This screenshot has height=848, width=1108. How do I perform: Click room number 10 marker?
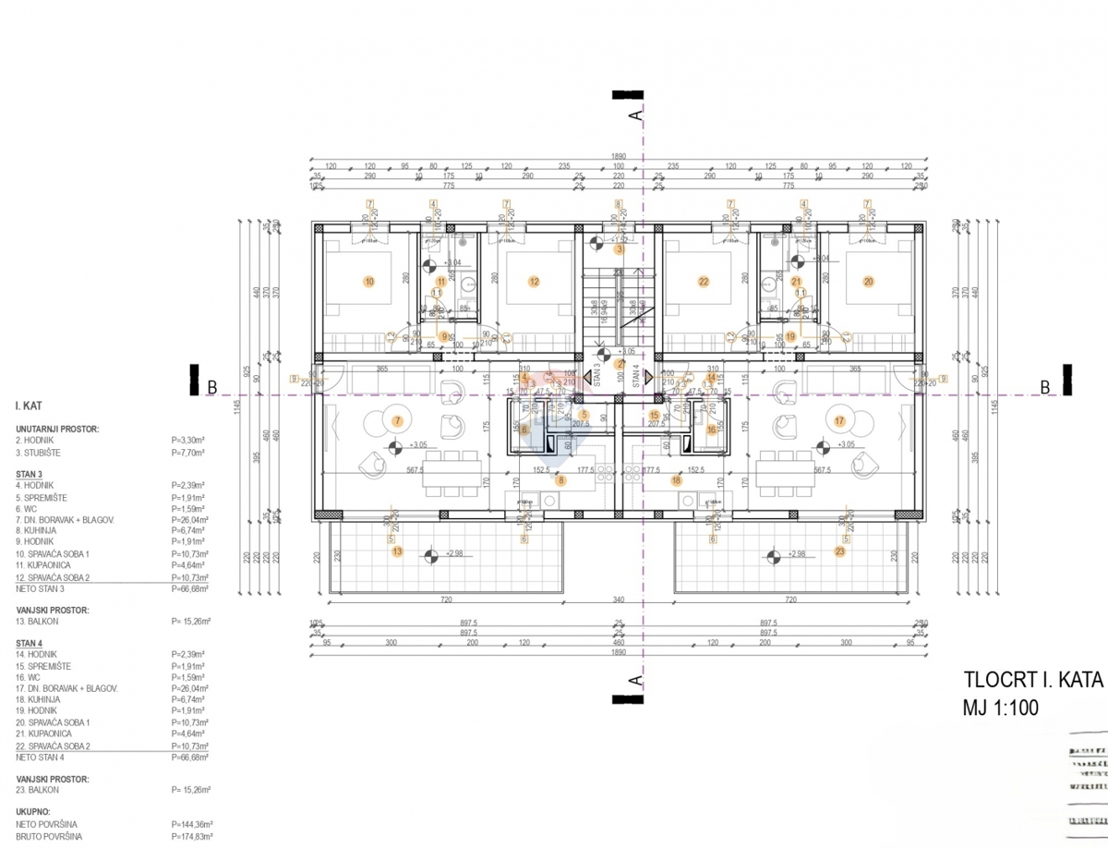369,282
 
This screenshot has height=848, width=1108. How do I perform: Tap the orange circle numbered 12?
534,282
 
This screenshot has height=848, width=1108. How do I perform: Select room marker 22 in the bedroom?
704,282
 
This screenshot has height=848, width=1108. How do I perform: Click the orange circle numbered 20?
868,282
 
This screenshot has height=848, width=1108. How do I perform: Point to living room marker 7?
397,420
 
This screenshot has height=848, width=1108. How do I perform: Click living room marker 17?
839,420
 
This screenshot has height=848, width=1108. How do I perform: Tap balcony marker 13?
397,551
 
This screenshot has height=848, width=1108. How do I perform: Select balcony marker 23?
839,551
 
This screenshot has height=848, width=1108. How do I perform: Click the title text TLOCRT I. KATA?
1032,680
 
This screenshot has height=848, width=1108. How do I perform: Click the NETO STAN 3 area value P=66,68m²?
190,588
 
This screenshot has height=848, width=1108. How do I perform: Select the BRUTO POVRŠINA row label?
49,836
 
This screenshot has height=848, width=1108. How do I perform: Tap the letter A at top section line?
634,115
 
